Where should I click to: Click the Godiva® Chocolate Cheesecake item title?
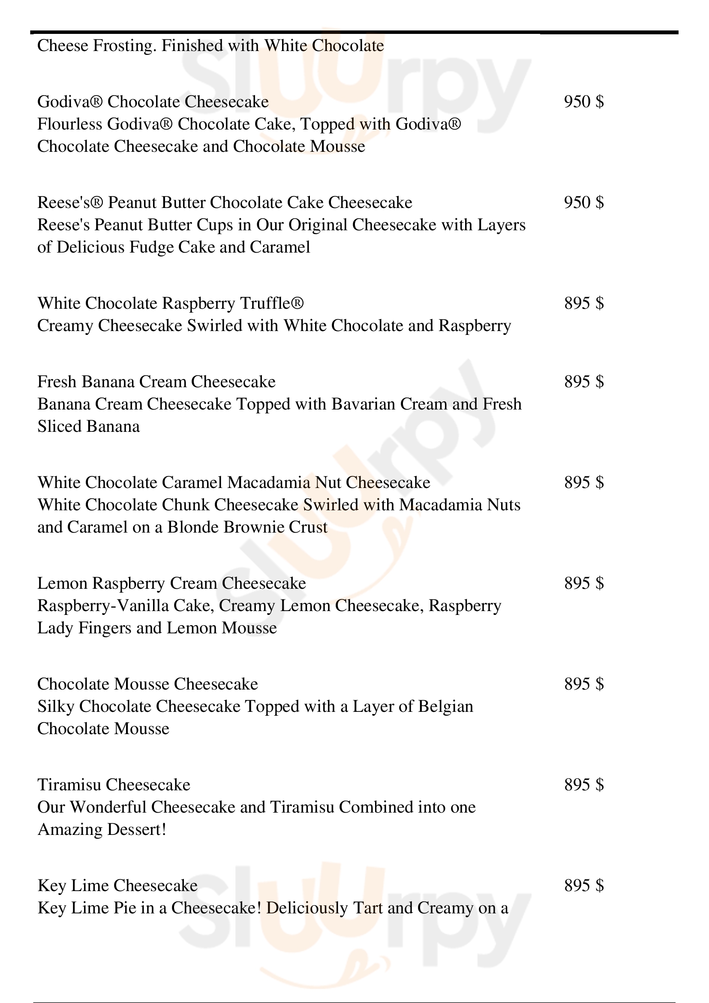[153, 102]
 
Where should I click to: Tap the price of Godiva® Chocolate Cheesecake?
[584, 102]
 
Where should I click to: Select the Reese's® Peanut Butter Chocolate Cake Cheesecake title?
[224, 203]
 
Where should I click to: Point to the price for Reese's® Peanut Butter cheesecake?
[584, 203]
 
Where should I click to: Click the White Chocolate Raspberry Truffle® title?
[170, 303]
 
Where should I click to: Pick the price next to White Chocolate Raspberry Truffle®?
[584, 303]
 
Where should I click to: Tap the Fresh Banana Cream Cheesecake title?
[156, 382]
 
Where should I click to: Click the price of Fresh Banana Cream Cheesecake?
[584, 382]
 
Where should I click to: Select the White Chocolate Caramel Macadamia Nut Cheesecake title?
[234, 483]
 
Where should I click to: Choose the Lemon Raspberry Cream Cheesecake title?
[171, 583]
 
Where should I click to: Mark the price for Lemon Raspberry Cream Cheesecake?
[584, 583]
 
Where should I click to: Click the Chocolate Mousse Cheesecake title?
[147, 684]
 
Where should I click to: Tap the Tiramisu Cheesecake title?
[114, 785]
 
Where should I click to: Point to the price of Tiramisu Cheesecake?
[584, 785]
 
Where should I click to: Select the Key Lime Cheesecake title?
[117, 886]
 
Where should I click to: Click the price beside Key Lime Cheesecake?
[584, 886]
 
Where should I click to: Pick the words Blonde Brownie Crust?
[247, 527]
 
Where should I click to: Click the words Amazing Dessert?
[102, 830]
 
